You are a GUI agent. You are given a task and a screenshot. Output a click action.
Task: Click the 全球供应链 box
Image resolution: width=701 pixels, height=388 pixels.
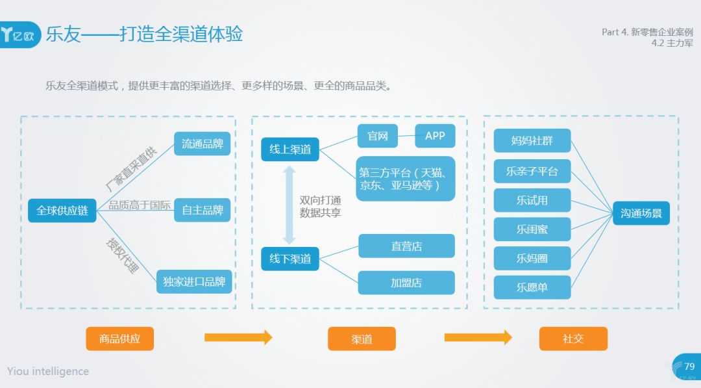tap(62, 211)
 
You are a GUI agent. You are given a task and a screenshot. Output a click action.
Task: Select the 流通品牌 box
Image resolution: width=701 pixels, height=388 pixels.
tap(202, 144)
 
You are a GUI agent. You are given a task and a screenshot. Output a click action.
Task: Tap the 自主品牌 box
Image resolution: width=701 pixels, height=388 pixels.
tap(202, 210)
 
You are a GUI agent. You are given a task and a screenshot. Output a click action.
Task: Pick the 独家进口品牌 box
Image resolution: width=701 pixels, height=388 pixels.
tap(194, 281)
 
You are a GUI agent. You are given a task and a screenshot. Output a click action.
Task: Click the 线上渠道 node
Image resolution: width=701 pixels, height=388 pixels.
tap(290, 149)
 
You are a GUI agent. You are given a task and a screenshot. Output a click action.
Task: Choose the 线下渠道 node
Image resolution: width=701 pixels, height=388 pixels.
tap(290, 259)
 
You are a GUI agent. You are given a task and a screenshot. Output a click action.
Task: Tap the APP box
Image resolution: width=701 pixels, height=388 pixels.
tap(435, 136)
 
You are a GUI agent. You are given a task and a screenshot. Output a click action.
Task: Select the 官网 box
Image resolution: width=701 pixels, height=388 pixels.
tap(377, 136)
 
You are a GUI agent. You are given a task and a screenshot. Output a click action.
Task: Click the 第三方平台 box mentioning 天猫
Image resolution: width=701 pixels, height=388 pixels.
tap(405, 179)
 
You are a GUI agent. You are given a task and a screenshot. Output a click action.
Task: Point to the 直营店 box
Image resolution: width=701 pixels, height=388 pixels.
tap(406, 246)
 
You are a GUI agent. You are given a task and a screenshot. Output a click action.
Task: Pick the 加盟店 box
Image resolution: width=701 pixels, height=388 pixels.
tap(406, 283)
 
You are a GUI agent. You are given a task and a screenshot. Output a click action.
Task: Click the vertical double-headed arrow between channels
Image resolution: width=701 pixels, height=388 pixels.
tap(289, 204)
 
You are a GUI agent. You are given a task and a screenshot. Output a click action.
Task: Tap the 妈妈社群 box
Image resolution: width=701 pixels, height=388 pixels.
tap(532, 140)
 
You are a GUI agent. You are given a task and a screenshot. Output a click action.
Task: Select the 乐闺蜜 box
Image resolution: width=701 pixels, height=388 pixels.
tap(532, 229)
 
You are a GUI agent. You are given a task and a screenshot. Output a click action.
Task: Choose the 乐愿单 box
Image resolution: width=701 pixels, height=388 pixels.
tap(532, 287)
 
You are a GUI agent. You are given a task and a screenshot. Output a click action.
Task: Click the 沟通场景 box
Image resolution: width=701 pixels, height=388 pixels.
tap(641, 213)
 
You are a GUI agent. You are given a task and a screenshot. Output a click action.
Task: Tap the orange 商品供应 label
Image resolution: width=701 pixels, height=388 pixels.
tap(119, 339)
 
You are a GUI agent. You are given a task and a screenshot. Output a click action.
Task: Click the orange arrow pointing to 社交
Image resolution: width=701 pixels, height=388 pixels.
tap(478, 337)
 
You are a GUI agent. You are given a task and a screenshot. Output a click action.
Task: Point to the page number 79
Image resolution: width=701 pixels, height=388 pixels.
tap(689, 367)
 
